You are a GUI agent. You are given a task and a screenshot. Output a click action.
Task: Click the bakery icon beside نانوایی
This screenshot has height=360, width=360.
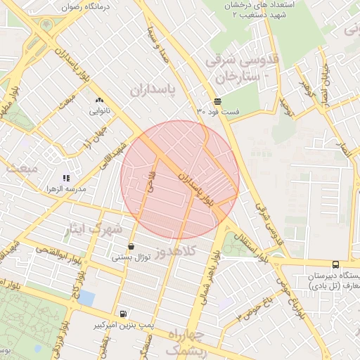98,101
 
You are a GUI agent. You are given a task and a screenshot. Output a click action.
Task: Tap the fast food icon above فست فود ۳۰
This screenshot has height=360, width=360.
217,101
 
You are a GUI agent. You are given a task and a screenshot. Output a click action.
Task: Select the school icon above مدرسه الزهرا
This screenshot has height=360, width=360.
65,179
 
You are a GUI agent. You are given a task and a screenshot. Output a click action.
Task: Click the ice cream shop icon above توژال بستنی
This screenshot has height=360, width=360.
131,247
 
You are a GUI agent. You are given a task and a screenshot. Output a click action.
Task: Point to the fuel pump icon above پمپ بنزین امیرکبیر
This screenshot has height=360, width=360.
124,314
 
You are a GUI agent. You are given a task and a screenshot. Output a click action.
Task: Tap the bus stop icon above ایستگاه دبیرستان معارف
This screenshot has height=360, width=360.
335,265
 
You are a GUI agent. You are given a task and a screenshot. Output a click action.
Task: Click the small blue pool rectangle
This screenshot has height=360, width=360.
86,297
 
